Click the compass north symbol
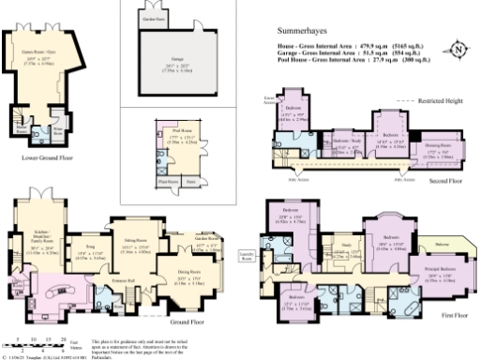click(x=457, y=49)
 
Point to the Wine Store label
click(x=56, y=134)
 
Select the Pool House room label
click(x=179, y=134)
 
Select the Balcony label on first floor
click(x=440, y=246)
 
